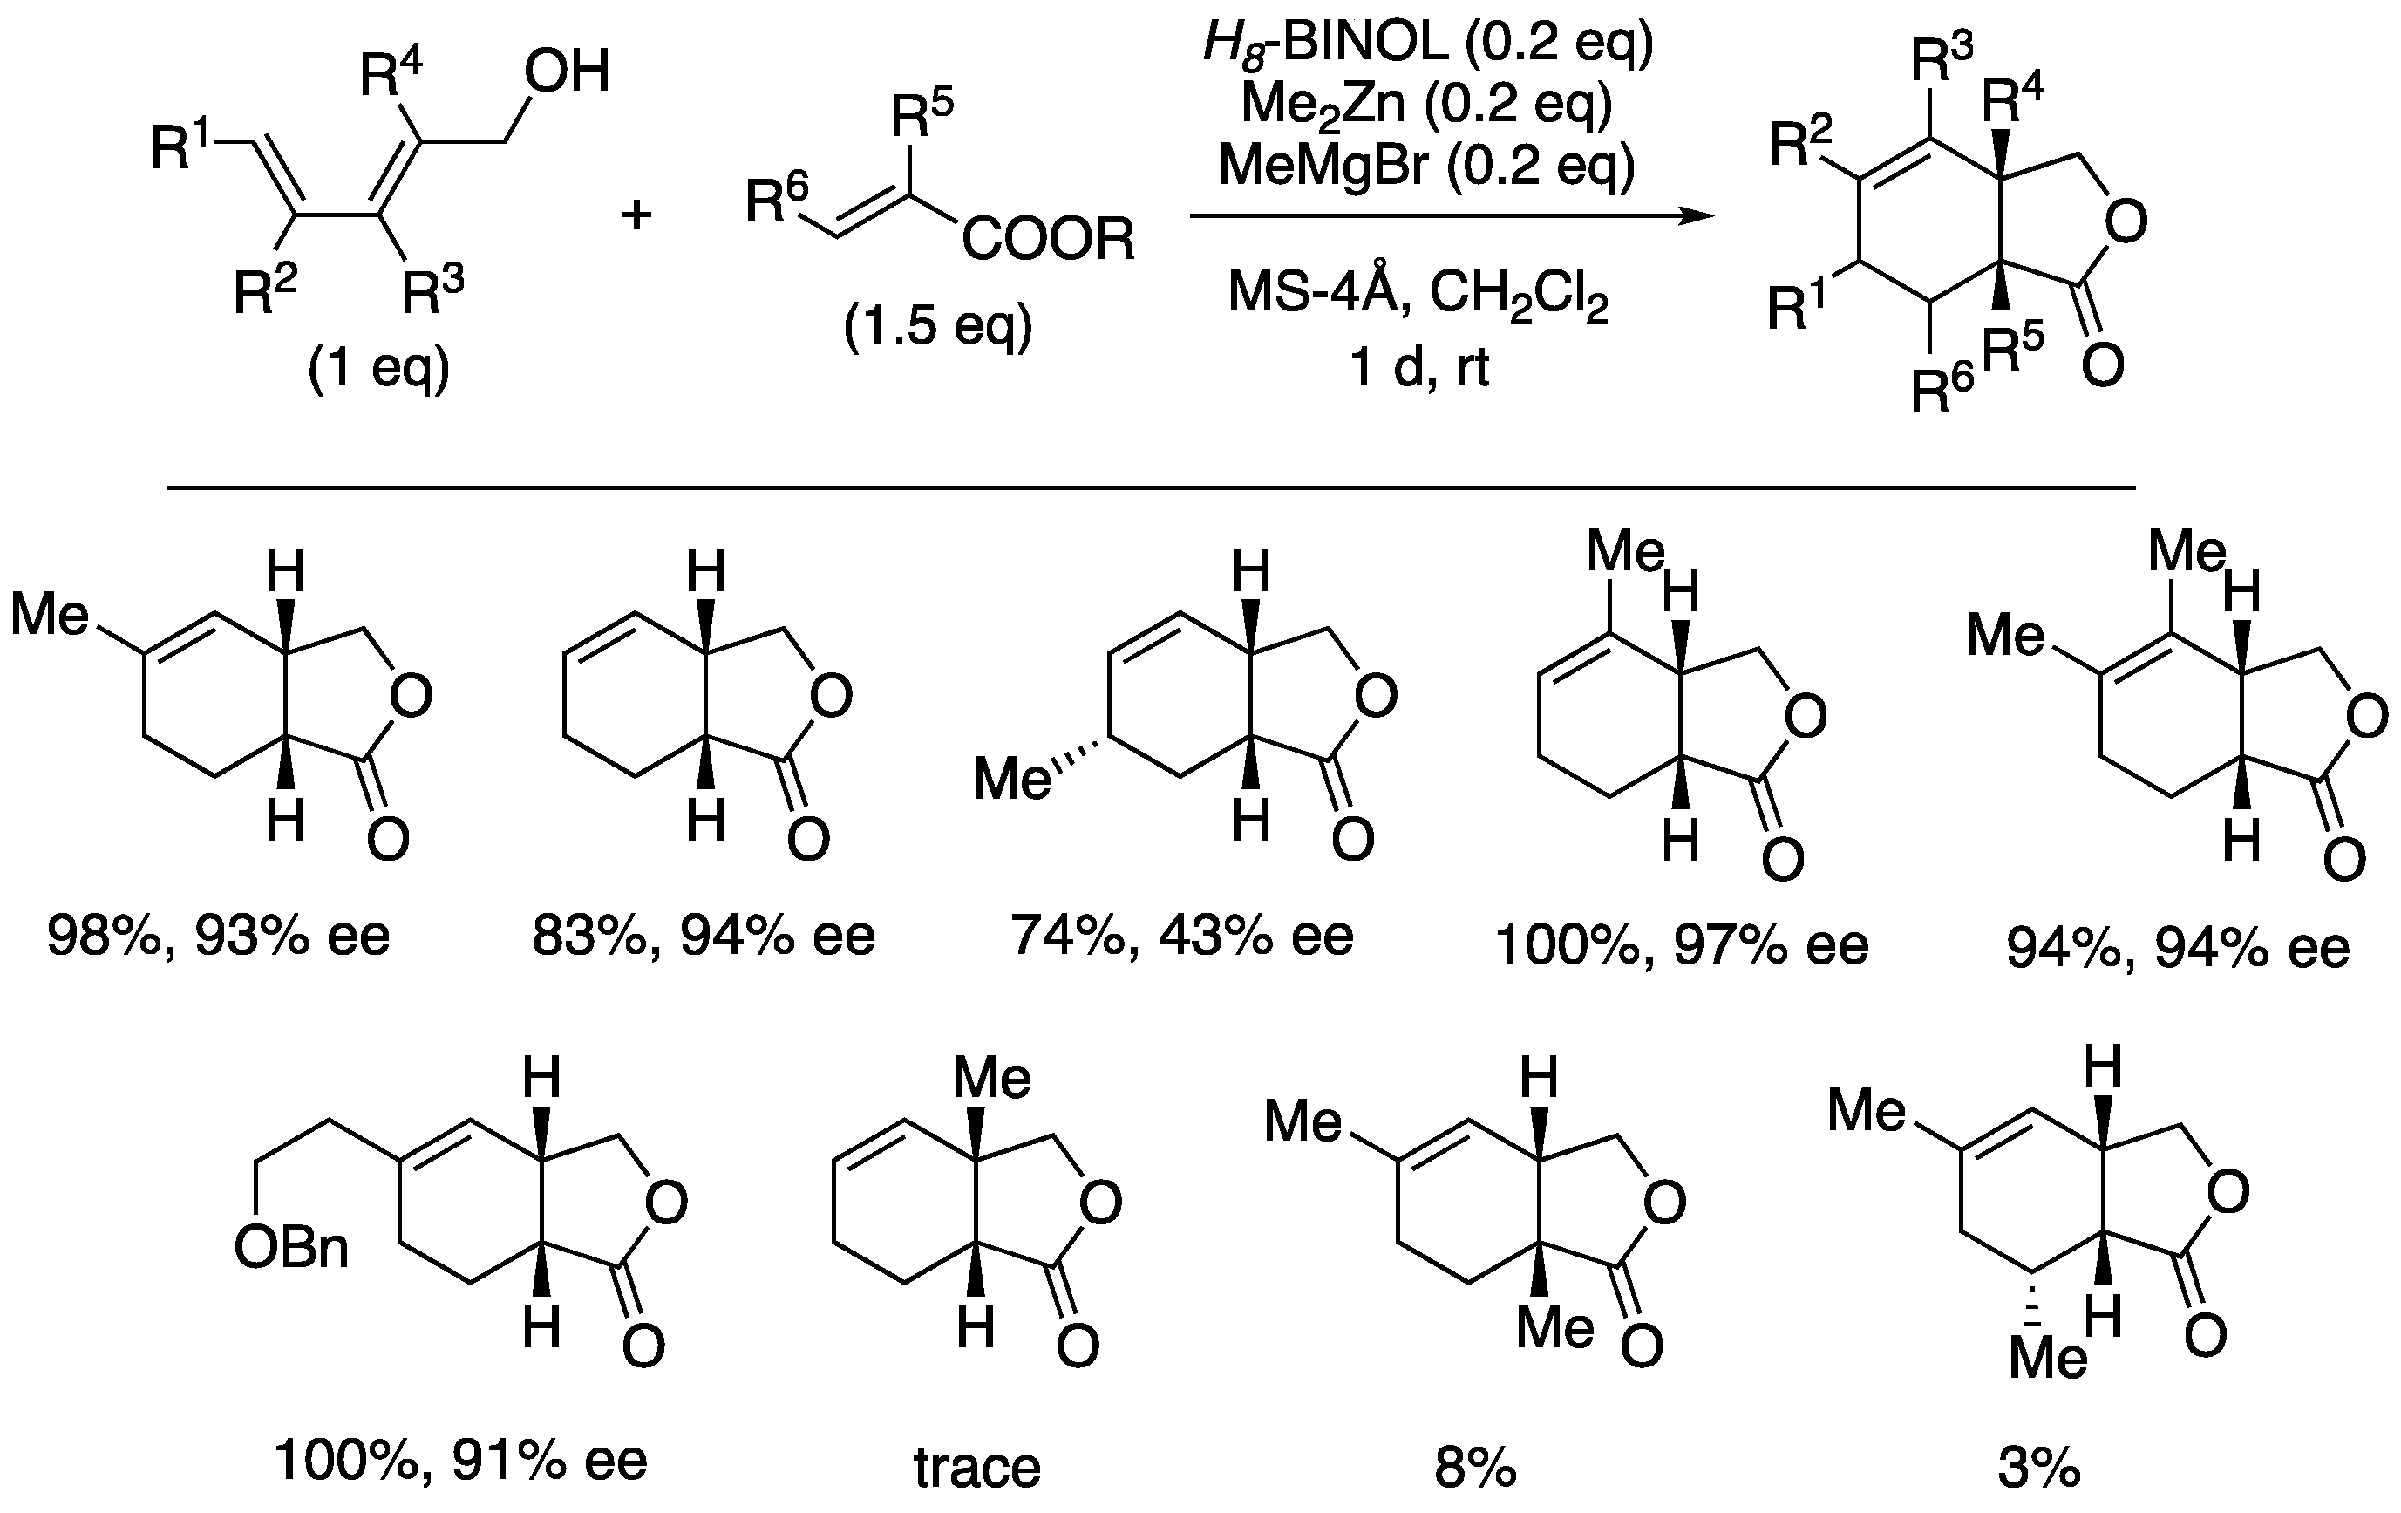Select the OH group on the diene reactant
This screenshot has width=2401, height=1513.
[568, 72]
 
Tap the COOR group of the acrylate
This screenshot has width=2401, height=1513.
[1048, 241]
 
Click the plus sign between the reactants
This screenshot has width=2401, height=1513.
[636, 215]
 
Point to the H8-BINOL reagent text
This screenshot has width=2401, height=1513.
[1428, 43]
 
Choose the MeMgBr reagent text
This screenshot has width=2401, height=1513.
[1427, 166]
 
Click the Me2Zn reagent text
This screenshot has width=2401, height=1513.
[1427, 105]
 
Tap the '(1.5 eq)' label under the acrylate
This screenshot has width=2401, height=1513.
[937, 326]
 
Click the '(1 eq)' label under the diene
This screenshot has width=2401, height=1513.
[379, 369]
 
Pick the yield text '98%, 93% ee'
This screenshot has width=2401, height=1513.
[218, 936]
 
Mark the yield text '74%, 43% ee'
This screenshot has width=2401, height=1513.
[1182, 936]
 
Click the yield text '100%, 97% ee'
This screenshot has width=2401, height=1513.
[1682, 944]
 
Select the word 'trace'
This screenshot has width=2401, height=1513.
[977, 1469]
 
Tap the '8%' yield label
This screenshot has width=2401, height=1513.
[1476, 1469]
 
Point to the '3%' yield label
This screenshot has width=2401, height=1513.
[2039, 1469]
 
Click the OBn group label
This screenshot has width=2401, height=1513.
[291, 1248]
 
